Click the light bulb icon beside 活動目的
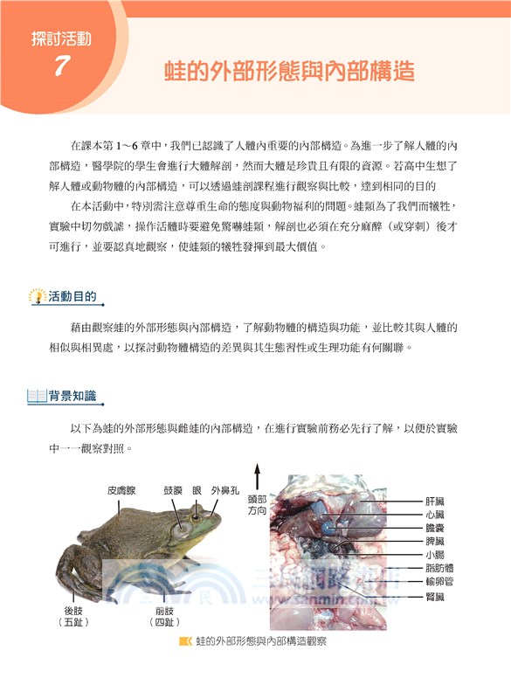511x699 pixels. tap(37, 296)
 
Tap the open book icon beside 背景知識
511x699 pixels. tap(37, 396)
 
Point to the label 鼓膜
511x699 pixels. tap(174, 489)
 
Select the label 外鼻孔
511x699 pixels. tap(224, 489)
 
